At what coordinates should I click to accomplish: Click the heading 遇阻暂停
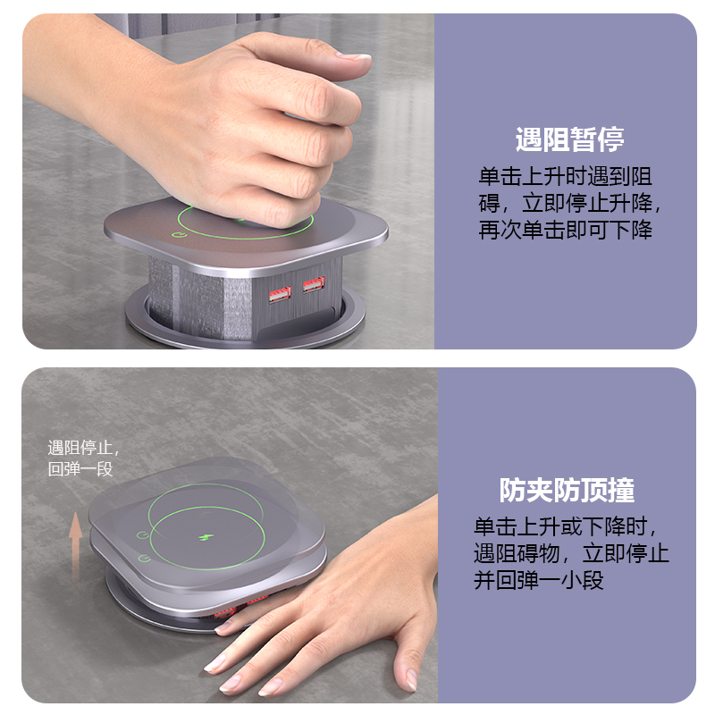click(569, 139)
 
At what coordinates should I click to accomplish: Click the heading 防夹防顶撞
click(567, 490)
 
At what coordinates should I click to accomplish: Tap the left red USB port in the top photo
click(280, 294)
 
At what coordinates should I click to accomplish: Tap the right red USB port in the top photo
click(314, 284)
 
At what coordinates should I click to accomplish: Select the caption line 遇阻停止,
click(83, 448)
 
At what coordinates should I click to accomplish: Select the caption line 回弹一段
click(80, 468)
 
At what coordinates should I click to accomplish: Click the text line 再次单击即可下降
click(565, 230)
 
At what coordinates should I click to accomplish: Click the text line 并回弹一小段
click(539, 580)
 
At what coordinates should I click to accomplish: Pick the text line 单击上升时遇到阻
click(565, 176)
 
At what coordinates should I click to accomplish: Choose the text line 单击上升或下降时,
click(566, 527)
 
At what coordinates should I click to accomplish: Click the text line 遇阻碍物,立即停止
click(571, 553)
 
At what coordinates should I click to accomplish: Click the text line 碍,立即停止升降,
click(569, 204)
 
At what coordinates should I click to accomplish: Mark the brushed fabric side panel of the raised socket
click(199, 299)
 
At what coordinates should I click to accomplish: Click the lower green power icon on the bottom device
click(145, 558)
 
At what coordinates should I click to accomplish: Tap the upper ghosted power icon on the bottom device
click(143, 534)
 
